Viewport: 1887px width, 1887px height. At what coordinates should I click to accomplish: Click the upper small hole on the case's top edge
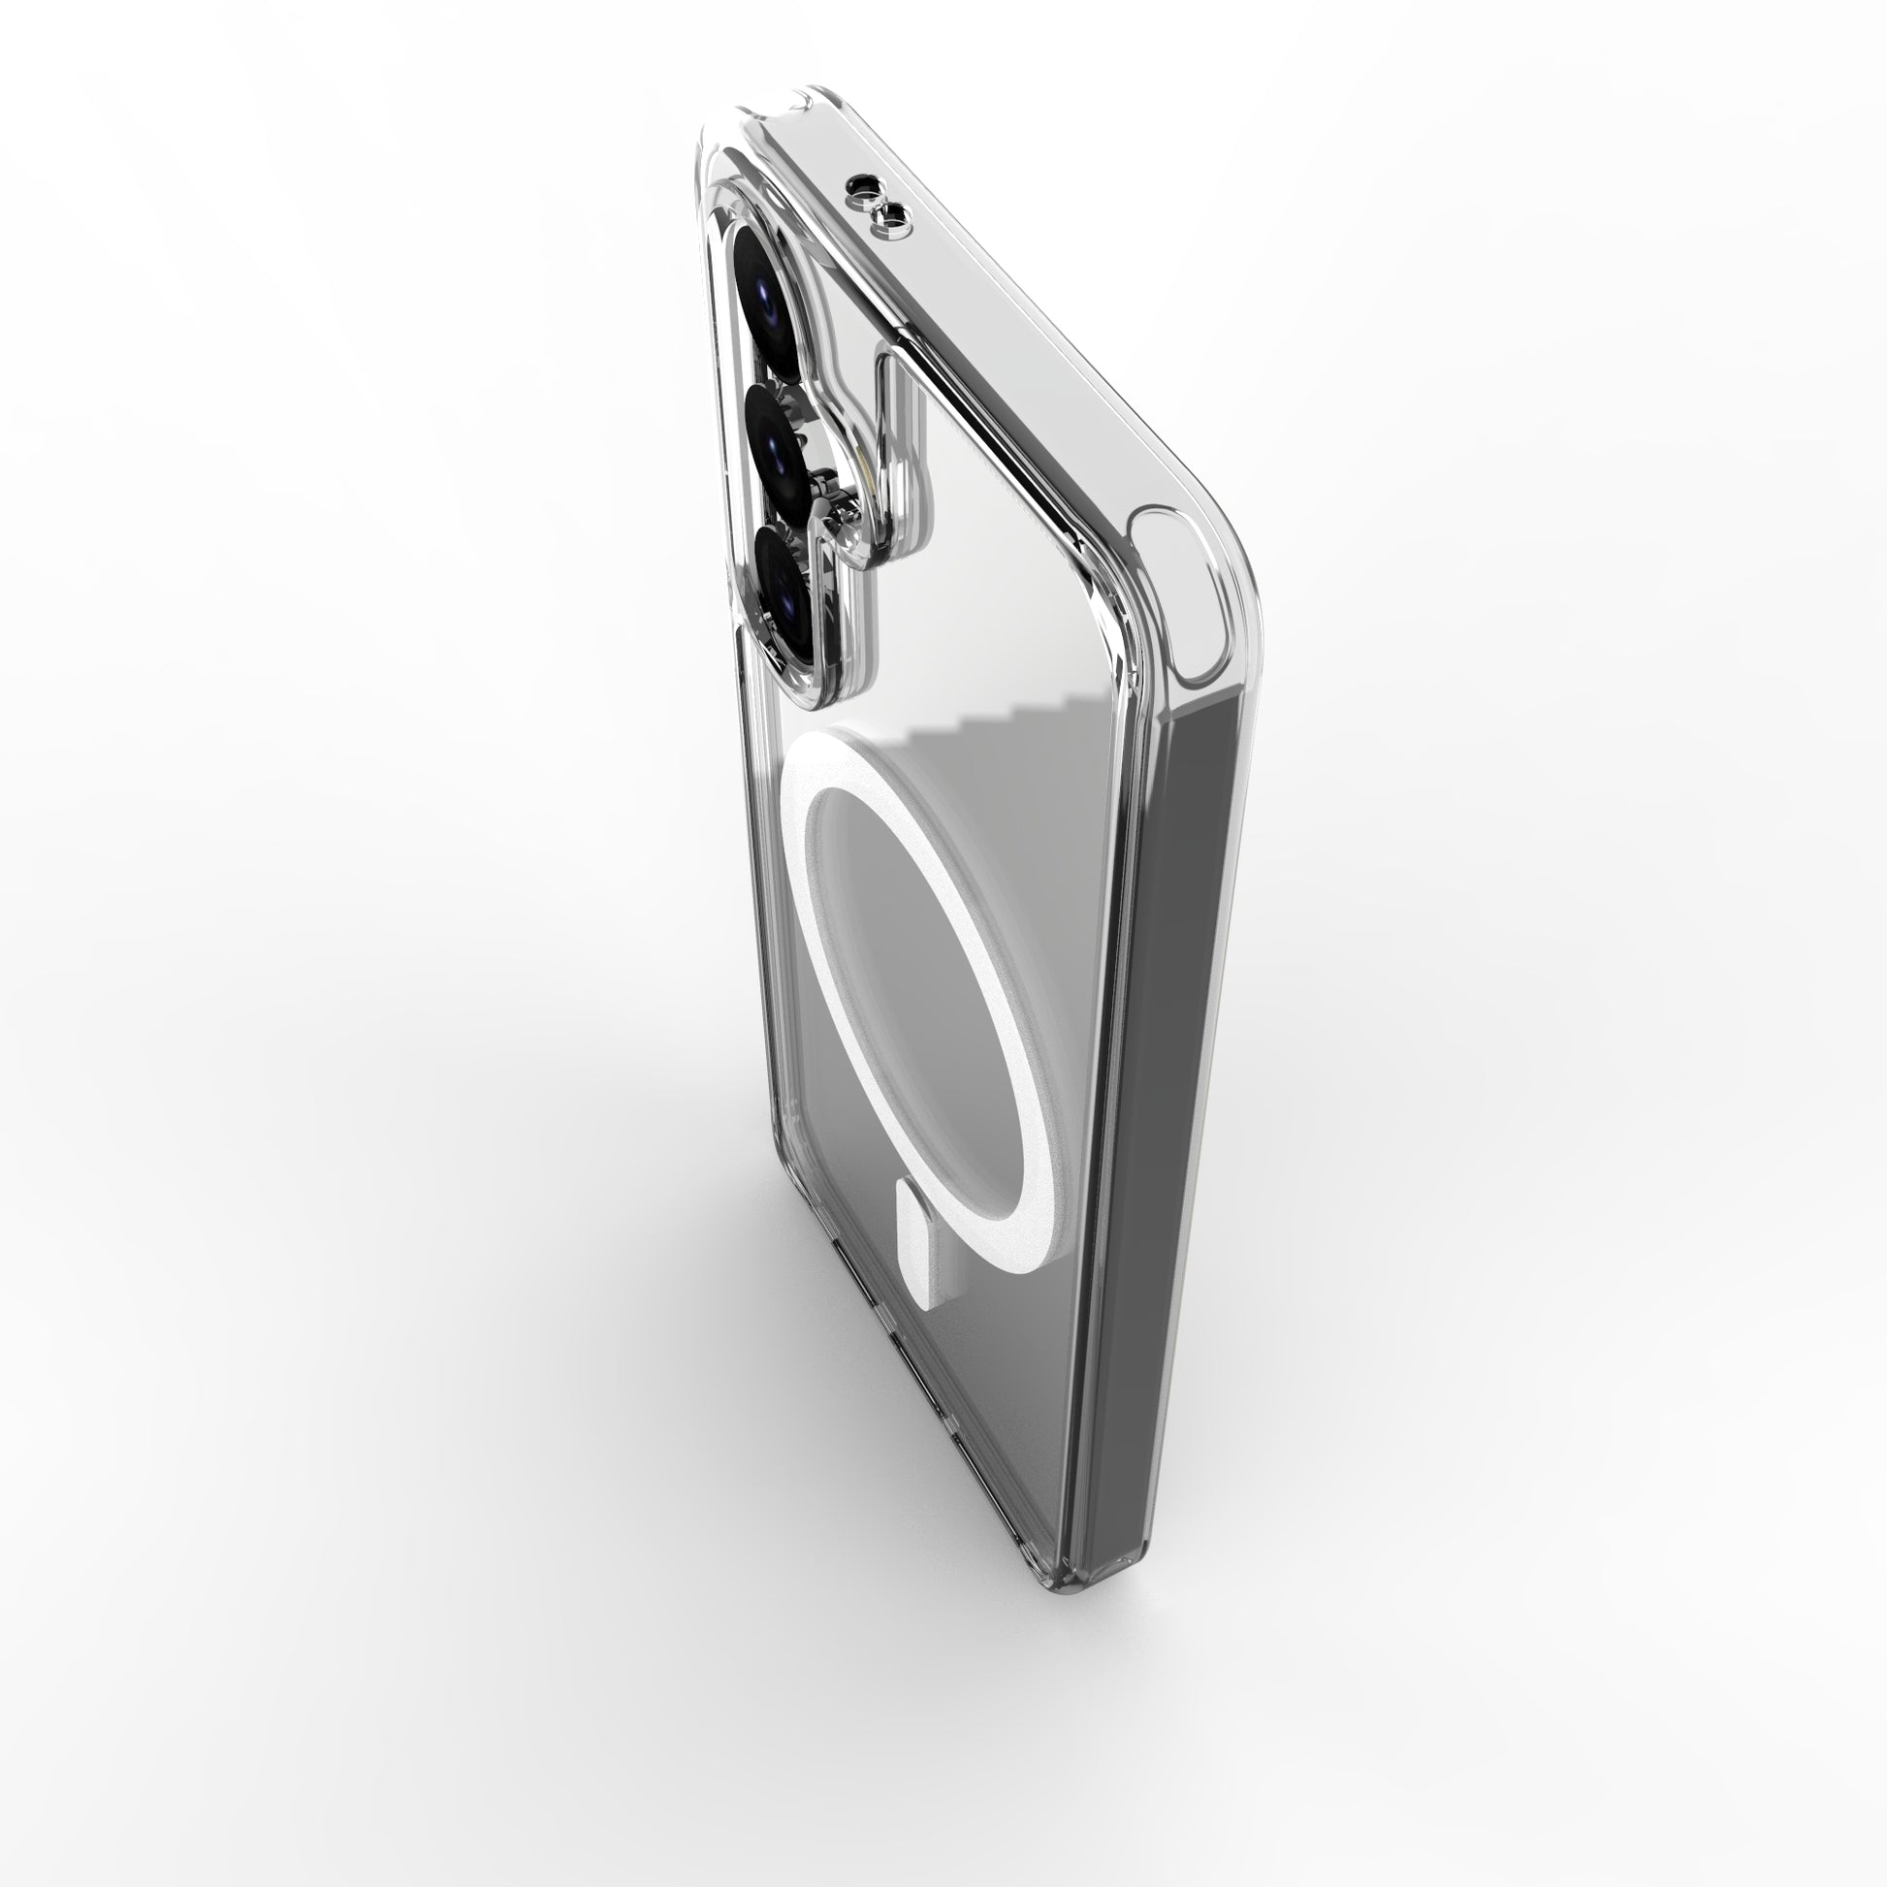tap(865, 183)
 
